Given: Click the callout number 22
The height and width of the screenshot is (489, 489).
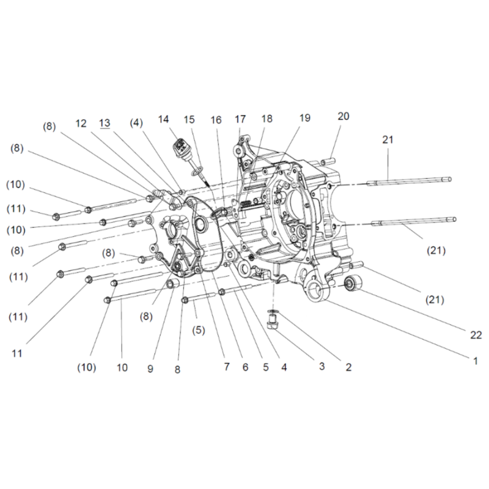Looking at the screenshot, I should tap(476, 335).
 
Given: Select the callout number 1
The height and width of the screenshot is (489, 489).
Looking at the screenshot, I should tap(475, 361).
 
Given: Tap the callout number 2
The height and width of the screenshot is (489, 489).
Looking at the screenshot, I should tap(348, 367).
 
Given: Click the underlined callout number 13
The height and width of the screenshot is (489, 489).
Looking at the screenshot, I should tap(105, 123).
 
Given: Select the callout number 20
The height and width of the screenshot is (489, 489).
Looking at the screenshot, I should tap(344, 116).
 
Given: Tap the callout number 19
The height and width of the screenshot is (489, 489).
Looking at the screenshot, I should tap(305, 118).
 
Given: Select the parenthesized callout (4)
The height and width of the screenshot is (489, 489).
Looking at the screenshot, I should tap(137, 122).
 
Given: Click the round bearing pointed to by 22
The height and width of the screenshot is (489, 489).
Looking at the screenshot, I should tap(352, 283).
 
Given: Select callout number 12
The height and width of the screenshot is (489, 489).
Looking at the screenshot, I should tap(82, 123).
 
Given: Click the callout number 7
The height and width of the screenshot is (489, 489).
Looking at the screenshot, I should tap(226, 367).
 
